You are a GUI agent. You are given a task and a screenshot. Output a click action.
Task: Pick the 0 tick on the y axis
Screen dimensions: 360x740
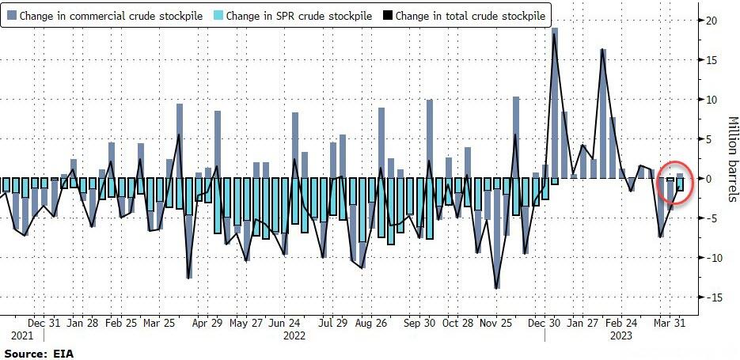click(x=715, y=179)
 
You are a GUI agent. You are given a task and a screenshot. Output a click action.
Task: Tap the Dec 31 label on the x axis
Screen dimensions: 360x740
click(x=44, y=323)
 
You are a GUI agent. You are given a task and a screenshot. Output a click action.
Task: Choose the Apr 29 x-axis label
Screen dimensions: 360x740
click(x=207, y=323)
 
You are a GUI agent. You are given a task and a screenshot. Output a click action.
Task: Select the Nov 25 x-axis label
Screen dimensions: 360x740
click(x=497, y=323)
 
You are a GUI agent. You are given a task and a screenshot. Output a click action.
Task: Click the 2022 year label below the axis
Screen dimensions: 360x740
click(x=294, y=335)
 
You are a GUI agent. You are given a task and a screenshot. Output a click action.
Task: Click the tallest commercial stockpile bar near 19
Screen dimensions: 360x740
click(x=555, y=103)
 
